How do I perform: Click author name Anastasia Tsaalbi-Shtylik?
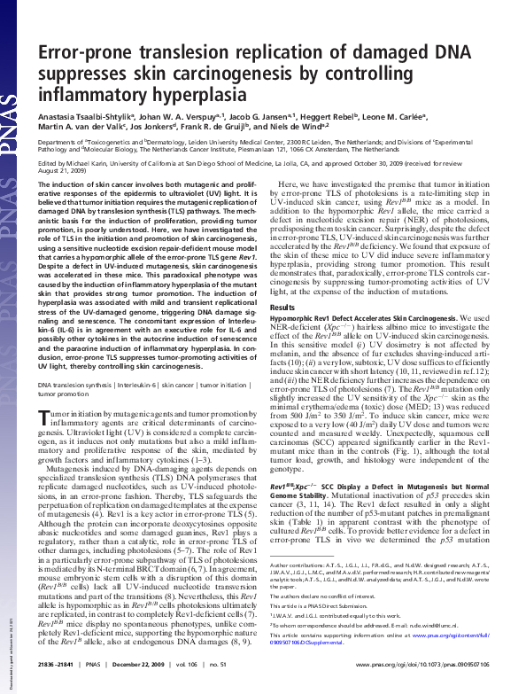click(81, 116)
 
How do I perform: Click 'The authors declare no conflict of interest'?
click(323, 596)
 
